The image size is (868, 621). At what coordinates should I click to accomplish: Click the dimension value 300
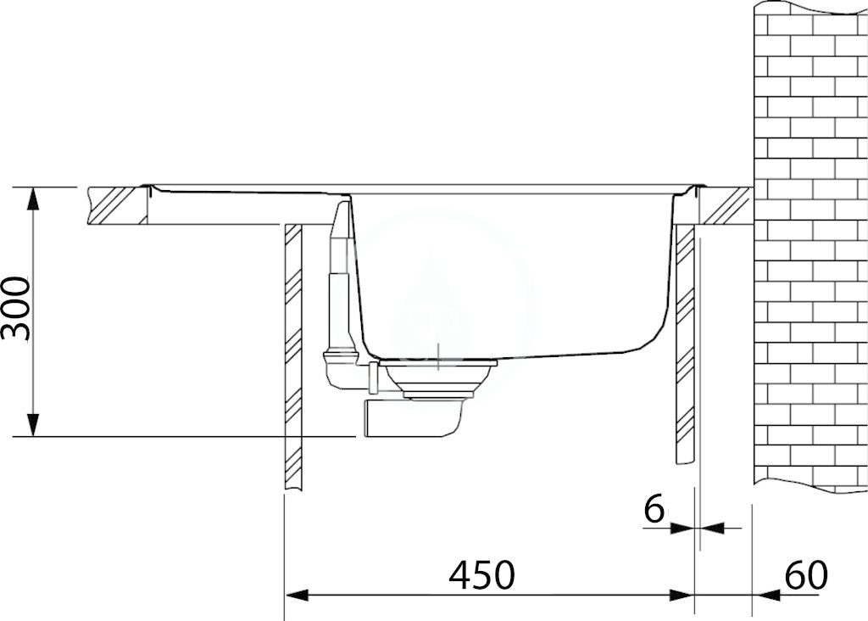coord(15,309)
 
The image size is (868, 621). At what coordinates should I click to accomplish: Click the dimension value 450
coord(481,574)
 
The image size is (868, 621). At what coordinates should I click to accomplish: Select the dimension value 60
coord(806,574)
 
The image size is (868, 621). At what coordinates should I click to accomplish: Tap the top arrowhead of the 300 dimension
coord(34,199)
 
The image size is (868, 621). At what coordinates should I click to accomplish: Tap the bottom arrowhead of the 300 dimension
coord(34,425)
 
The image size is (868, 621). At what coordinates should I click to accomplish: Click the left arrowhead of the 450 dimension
coord(296,596)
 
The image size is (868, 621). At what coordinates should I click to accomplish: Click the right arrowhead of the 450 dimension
coord(682,596)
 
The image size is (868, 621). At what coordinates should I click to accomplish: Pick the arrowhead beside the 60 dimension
coord(765,596)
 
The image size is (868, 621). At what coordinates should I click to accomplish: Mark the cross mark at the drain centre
coord(438,357)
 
